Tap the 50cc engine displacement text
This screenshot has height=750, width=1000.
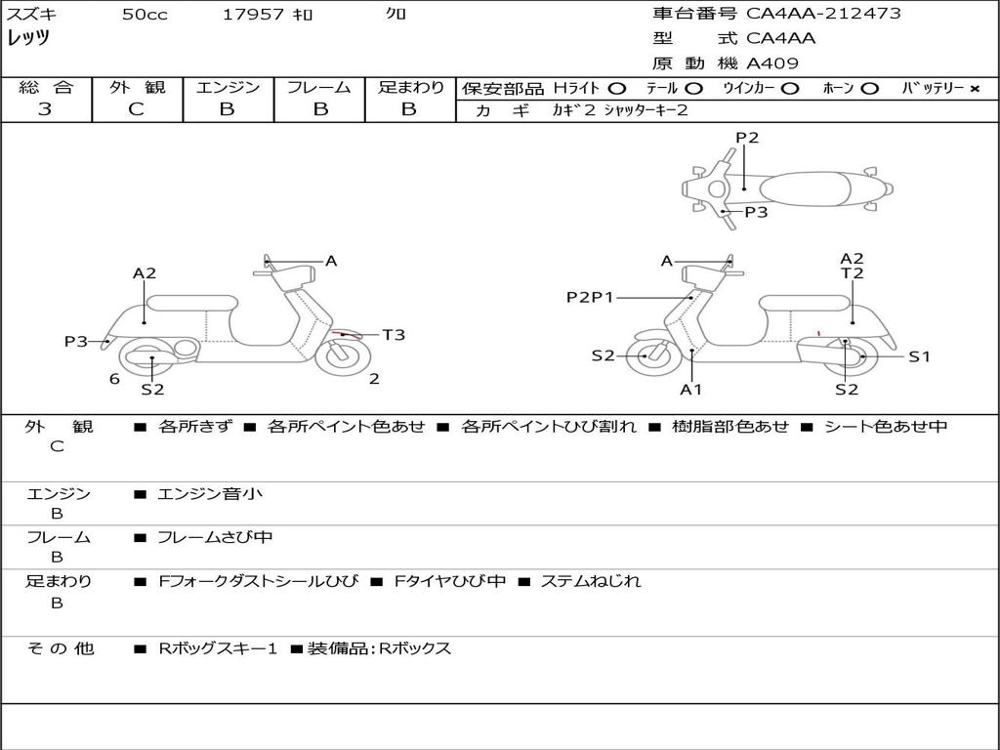(x=145, y=15)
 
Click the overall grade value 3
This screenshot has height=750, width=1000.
(x=45, y=109)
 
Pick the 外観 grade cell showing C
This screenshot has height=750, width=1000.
(x=136, y=109)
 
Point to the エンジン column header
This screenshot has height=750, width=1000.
(x=228, y=87)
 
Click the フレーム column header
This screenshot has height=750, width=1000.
(x=318, y=87)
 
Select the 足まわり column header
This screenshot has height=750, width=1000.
(x=410, y=87)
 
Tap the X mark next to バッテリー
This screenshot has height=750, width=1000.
(x=974, y=88)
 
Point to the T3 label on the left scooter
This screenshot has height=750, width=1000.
(x=394, y=335)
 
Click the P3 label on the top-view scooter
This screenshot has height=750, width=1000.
(x=756, y=212)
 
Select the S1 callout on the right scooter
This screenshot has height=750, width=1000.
(x=919, y=356)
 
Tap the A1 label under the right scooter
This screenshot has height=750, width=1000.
(x=691, y=390)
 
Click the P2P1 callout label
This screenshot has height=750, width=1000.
(x=590, y=297)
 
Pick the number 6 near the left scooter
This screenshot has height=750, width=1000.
(x=114, y=379)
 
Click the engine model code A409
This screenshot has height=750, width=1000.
(x=772, y=63)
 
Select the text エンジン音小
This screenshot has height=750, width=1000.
(x=210, y=494)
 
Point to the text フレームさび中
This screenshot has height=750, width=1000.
(x=216, y=537)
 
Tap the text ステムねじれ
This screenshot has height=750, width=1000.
(x=591, y=581)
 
